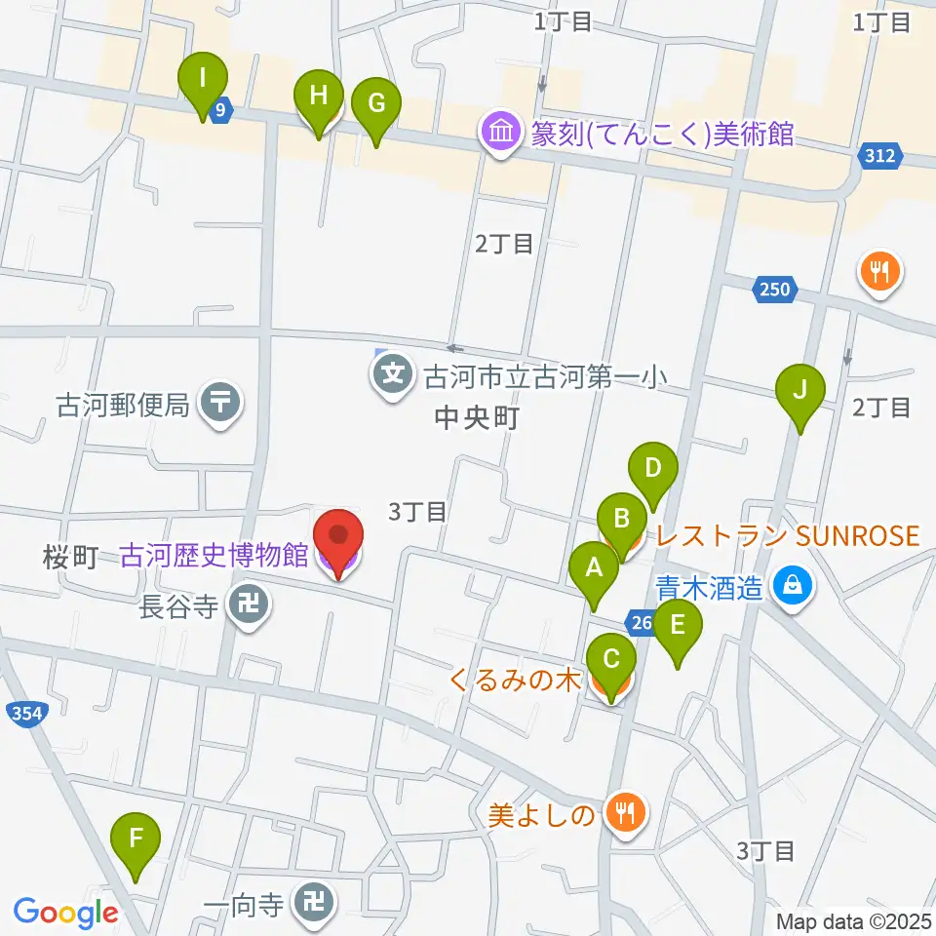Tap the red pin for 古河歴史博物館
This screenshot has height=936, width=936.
338,542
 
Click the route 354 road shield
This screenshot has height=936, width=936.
27,715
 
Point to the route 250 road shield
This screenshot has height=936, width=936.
775,289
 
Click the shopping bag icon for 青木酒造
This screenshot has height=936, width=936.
794,587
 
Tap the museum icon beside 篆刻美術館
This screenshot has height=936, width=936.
501,133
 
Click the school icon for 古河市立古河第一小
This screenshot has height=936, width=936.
393,373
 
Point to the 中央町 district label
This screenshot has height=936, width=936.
474,419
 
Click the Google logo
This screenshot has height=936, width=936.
65,913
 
